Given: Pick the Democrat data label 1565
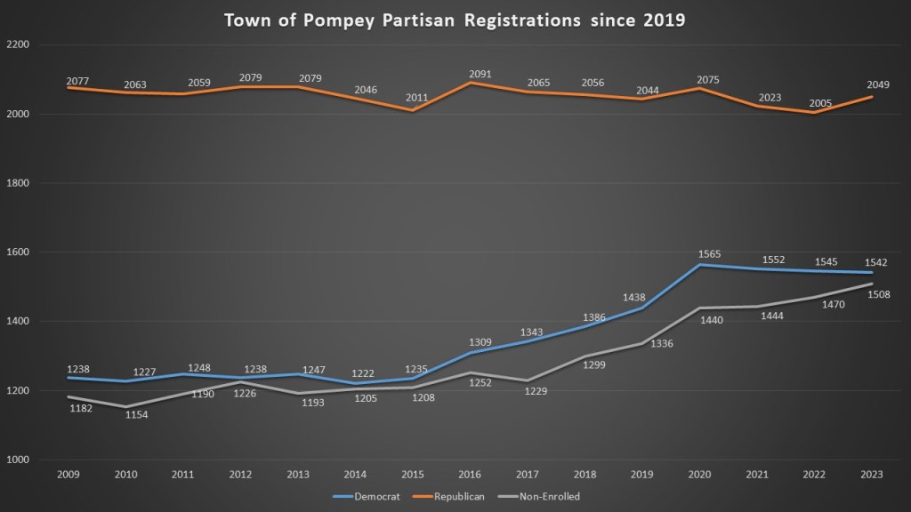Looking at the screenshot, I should pos(708,254).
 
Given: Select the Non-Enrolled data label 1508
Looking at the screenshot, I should pos(879,295).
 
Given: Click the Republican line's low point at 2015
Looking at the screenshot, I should pos(412,111).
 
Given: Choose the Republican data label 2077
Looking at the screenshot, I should pos(78,81).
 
